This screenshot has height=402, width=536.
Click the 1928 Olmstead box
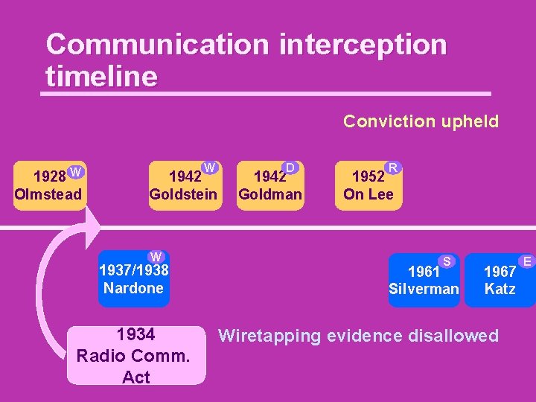point(50,185)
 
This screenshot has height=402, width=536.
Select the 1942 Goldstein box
point(183,185)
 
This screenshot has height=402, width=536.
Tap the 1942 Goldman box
point(269,185)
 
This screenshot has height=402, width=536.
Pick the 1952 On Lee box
point(368,185)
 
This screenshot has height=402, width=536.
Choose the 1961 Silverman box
point(424,279)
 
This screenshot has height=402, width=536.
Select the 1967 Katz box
point(500,279)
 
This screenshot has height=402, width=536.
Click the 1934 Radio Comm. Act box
point(135,355)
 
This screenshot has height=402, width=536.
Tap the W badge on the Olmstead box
point(75,173)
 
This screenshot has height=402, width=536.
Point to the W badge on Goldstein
point(210,167)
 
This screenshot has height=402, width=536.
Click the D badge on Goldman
point(291,167)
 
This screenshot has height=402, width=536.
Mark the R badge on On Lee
point(392,167)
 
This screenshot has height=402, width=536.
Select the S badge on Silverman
point(447,261)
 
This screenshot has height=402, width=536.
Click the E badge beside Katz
point(526,261)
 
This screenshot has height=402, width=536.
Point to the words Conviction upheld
point(421,121)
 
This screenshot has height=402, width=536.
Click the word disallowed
point(453,336)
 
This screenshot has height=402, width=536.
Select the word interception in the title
point(363,45)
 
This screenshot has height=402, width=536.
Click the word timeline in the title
point(101,76)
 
